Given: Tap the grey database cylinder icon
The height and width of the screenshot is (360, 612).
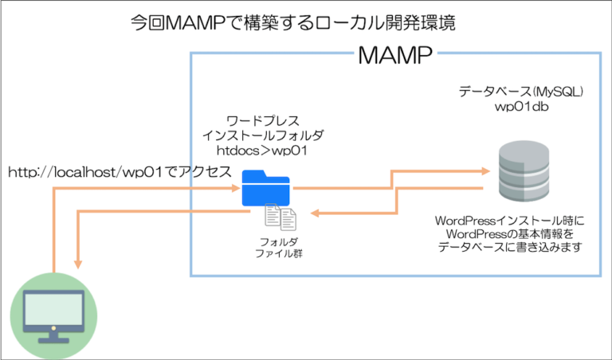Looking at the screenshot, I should pos(523,171).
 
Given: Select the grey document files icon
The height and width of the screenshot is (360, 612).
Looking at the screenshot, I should pos(280,217).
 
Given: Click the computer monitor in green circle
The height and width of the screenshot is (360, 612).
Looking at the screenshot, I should pos(53,315).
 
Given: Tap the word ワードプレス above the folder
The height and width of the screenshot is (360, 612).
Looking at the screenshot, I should pos(263,120).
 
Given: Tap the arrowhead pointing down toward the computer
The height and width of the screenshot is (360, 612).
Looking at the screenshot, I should pos(78,263).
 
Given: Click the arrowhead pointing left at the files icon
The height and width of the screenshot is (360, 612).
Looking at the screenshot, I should pos(314,213).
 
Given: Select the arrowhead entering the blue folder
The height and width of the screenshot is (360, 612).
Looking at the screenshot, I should pos(236,188).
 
